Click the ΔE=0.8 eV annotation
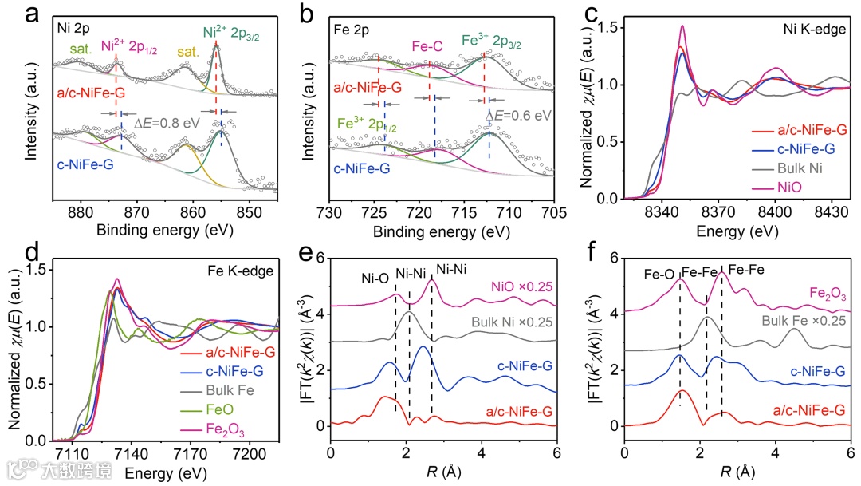pos(164,124)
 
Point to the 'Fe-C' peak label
pos(427,47)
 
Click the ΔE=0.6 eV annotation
pos(519,114)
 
